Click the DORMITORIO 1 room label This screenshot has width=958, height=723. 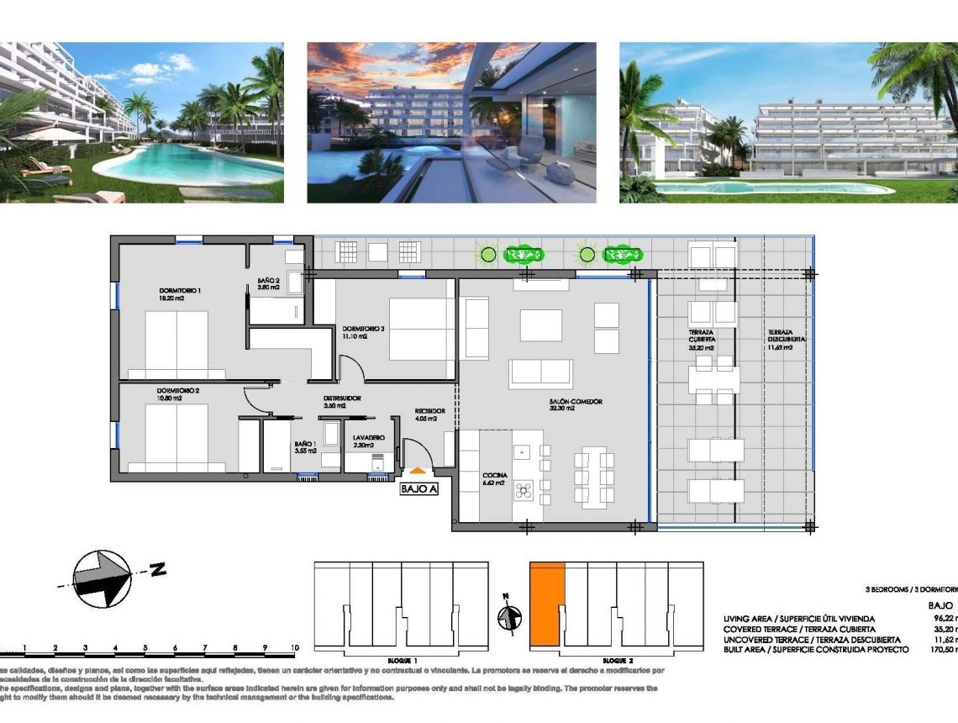coord(180,291)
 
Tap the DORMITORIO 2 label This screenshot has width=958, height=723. coord(177,391)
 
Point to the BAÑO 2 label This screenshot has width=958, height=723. coord(269,282)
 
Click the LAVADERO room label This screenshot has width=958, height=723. coord(369,438)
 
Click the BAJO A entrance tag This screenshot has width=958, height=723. coord(418,488)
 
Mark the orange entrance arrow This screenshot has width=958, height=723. coord(418,472)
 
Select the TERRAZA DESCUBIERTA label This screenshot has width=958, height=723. coord(786,335)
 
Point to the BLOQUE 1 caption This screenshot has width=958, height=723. coord(403,661)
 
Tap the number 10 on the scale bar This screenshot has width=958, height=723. coord(294,648)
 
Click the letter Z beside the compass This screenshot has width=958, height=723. coord(157,572)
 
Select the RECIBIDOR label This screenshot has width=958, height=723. coord(429,411)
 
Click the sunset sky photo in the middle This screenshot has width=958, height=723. coord(451,123)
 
